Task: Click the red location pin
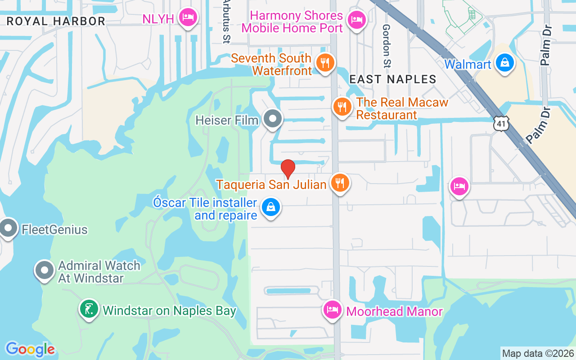point(288,169)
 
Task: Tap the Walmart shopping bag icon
point(505,63)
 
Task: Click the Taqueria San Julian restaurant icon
point(340,183)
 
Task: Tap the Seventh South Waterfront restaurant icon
point(324,62)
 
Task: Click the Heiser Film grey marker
point(272,119)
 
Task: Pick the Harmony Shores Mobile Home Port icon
point(357,19)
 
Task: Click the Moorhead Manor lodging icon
point(333,310)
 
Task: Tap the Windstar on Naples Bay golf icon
point(89,309)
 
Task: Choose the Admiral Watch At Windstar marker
point(45,270)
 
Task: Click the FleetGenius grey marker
point(8,229)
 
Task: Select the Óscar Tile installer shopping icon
point(271,207)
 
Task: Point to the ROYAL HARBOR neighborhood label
point(56,21)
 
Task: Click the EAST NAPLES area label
point(393,79)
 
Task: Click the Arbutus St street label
point(226,22)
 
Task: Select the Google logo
point(30,349)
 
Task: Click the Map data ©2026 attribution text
point(538,353)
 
